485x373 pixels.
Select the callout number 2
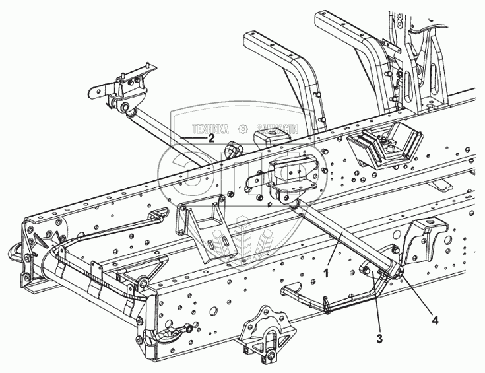click(x=211, y=139)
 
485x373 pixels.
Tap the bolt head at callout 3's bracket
click(x=365, y=271)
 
